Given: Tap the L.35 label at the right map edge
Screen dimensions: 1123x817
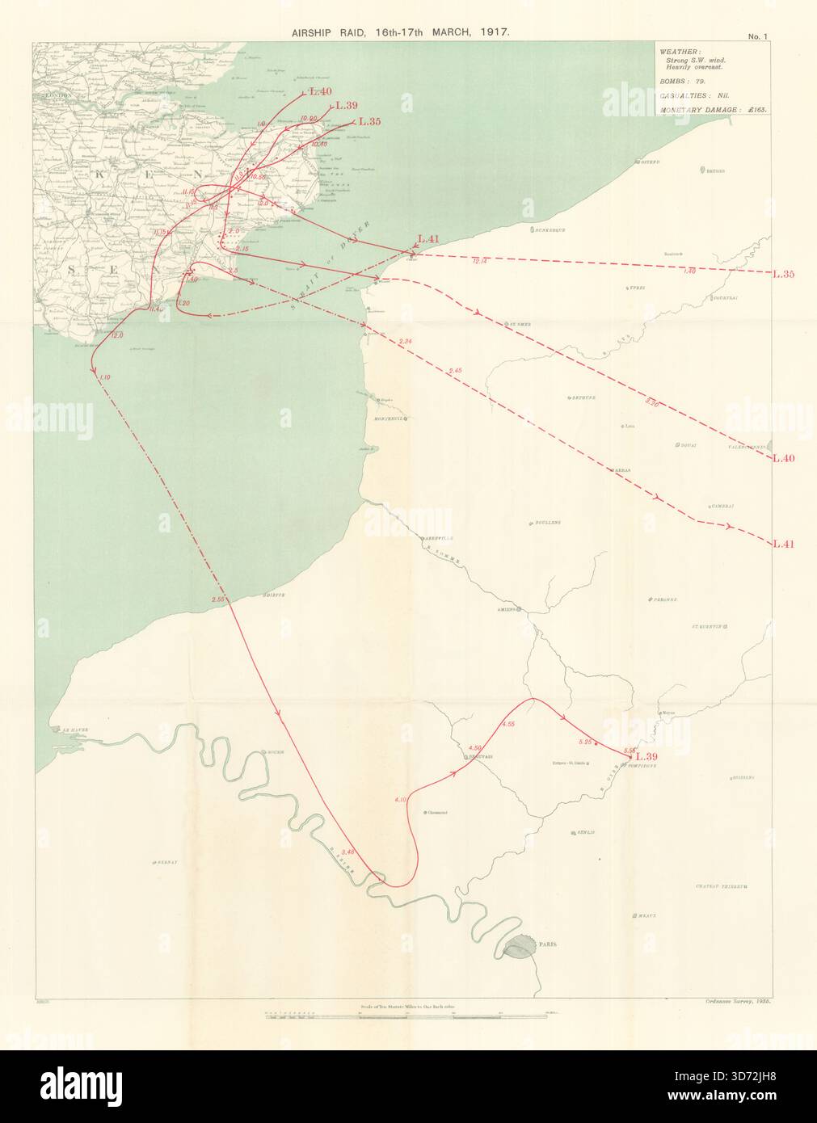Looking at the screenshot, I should [x=784, y=274].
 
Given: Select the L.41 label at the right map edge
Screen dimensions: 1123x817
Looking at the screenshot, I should [x=784, y=543].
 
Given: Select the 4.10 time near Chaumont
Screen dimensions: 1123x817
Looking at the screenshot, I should [x=401, y=800].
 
